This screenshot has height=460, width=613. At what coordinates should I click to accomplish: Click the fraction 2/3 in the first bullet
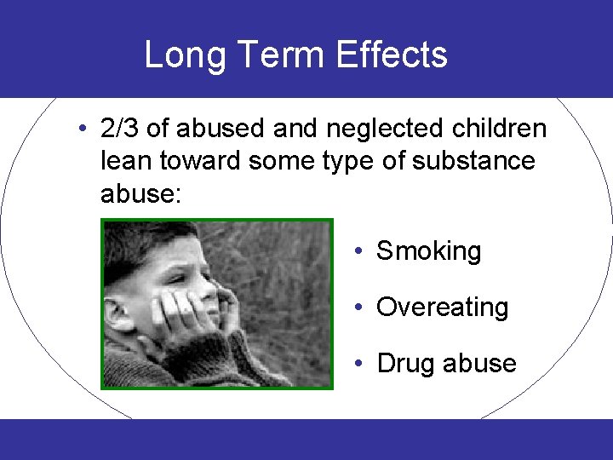[119, 129]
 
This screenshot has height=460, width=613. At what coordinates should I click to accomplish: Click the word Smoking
[428, 251]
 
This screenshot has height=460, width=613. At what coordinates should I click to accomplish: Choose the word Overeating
[442, 308]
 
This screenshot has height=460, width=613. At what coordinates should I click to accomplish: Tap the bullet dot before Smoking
[361, 251]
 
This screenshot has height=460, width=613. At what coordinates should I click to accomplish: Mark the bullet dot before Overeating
[361, 307]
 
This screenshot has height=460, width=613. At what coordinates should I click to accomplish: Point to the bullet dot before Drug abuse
[361, 363]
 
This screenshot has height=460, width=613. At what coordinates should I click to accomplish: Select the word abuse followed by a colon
[140, 193]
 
